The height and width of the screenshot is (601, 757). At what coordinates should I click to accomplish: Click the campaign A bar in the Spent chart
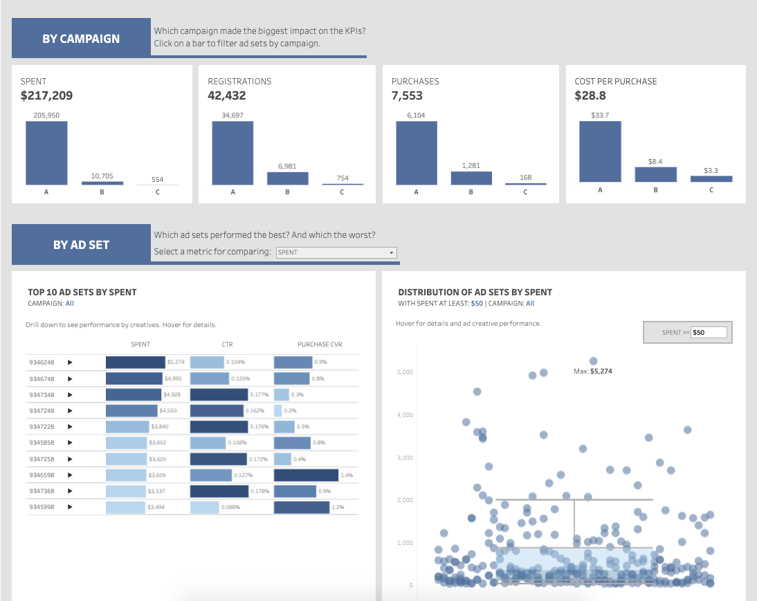(x=46, y=153)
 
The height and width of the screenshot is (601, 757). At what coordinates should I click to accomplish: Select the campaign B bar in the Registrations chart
(x=287, y=178)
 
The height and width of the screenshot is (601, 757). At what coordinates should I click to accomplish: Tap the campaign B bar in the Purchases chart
(x=471, y=178)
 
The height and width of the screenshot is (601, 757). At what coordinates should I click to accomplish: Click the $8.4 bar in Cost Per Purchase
(x=655, y=174)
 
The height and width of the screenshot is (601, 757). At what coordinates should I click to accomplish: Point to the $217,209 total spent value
(x=46, y=95)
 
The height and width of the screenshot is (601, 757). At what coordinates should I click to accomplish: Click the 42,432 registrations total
(x=227, y=95)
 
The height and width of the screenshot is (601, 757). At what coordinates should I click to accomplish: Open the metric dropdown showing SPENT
(x=336, y=252)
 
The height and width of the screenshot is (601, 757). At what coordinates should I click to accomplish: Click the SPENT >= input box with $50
(x=709, y=333)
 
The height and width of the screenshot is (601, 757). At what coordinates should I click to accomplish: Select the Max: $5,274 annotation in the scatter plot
(x=593, y=371)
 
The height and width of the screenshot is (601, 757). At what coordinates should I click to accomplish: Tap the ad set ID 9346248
(x=42, y=362)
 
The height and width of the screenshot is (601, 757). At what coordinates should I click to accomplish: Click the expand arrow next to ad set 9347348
(x=70, y=395)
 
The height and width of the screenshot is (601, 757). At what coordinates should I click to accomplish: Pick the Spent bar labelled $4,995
(x=134, y=378)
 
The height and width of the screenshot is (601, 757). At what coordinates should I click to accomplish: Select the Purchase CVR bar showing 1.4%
(x=306, y=475)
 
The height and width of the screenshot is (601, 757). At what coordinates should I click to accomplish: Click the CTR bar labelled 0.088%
(x=204, y=508)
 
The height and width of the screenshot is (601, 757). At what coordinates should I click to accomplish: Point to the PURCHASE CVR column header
(x=320, y=344)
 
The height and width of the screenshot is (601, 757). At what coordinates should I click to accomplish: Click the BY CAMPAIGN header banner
(x=81, y=39)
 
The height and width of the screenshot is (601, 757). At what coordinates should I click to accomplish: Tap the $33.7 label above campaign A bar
(x=599, y=115)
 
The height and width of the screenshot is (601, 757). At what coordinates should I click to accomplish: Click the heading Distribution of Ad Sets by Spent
(x=475, y=293)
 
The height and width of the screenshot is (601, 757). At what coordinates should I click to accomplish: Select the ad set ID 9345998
(x=42, y=507)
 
